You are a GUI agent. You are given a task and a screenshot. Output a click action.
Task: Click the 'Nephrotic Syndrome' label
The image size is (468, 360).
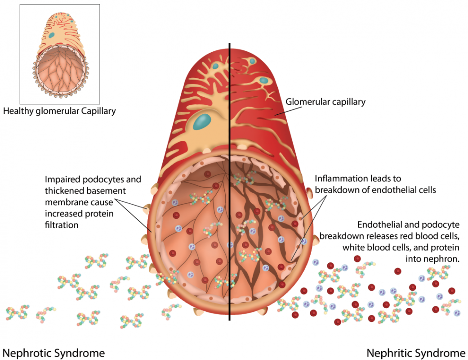pos(54,352)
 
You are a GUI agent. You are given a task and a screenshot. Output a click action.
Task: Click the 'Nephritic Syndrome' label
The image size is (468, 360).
pos(416,352)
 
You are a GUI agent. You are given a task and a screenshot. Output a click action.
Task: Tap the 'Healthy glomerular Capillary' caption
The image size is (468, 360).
pos(59,111)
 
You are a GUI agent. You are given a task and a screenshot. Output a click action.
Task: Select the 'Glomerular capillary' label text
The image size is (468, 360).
pos(325,102)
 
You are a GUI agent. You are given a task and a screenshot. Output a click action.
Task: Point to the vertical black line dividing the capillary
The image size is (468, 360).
pos(230,180)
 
